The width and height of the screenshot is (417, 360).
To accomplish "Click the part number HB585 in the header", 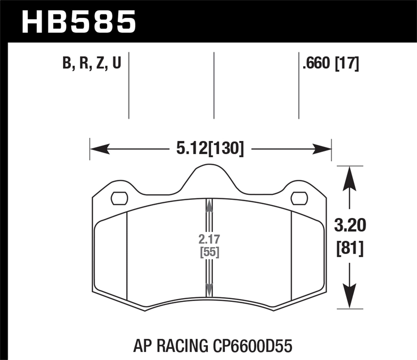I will pos(79,22).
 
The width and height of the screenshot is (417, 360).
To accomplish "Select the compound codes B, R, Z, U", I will pos(92,63).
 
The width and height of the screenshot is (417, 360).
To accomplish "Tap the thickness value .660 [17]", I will pos(331,63).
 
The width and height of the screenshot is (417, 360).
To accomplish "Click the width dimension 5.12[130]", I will pos(210,148).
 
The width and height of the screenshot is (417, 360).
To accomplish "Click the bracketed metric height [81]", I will pos(350,248).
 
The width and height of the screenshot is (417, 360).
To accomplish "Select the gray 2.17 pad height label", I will pos(209,239).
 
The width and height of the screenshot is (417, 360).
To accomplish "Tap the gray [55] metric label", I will pos(210,252).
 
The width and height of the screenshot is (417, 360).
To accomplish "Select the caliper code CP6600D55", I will pos(252,346).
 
